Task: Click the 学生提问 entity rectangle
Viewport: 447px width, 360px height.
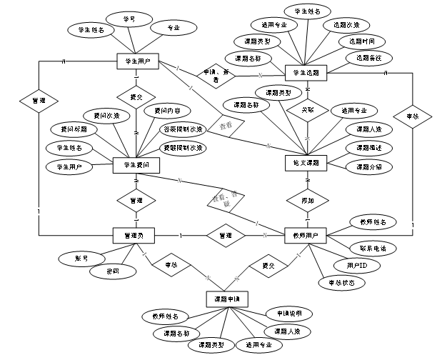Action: [x=136, y=164]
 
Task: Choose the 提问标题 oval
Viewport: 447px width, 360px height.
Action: [x=74, y=129]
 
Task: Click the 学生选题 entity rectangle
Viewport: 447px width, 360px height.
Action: [x=306, y=73]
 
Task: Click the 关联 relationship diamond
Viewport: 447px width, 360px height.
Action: [x=307, y=110]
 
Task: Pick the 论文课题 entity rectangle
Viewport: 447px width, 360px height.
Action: [x=306, y=163]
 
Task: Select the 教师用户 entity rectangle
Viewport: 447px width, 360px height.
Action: [x=306, y=235]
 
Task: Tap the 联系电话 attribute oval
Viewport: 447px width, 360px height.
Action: [x=368, y=248]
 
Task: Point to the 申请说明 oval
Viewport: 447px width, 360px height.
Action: [x=288, y=314]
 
